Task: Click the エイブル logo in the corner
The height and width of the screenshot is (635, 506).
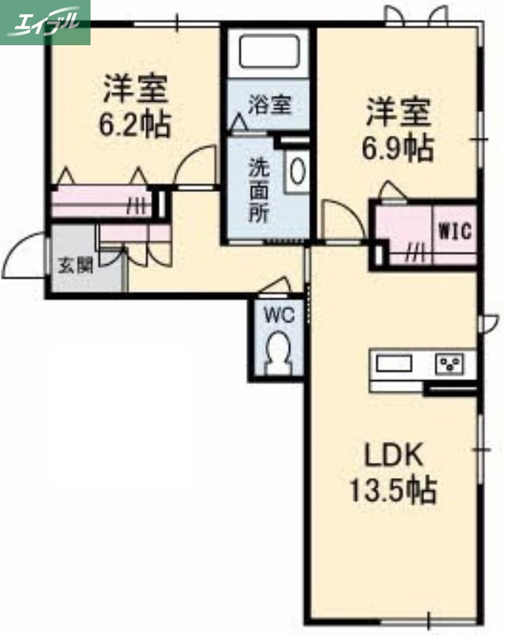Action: pos(45,21)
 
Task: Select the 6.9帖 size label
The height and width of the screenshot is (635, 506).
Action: pos(399,147)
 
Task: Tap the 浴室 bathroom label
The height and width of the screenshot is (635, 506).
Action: pos(268,104)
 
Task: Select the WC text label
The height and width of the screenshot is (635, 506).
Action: pos(279,314)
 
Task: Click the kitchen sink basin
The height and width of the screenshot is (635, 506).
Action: pos(394,364)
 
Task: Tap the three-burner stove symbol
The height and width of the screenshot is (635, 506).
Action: pos(451,365)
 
